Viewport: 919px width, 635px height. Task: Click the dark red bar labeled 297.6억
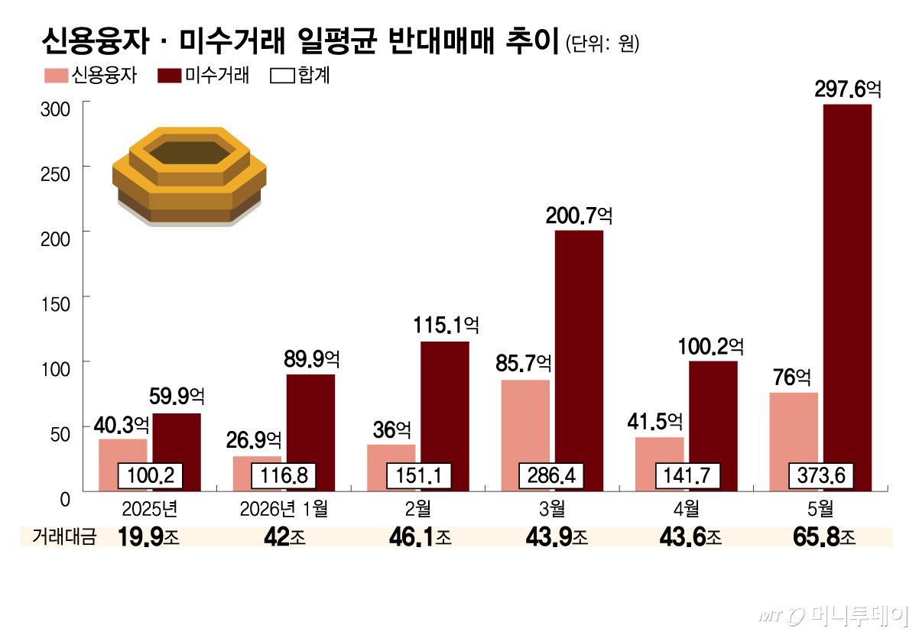pyautogui.click(x=847, y=297)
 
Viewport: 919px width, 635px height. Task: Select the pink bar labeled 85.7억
pyautogui.click(x=525, y=436)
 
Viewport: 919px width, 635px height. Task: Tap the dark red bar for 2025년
pyautogui.click(x=177, y=452)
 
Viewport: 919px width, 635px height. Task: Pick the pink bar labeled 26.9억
pyautogui.click(x=257, y=474)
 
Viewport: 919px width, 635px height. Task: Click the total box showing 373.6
pyautogui.click(x=821, y=475)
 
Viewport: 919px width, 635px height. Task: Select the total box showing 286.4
pyautogui.click(x=551, y=475)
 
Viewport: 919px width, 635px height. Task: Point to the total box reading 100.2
pyautogui.click(x=150, y=475)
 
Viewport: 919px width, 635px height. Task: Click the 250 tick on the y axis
pyautogui.click(x=86, y=166)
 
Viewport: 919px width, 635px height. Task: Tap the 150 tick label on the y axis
pyautogui.click(x=55, y=305)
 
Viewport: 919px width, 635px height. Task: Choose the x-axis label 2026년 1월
pyautogui.click(x=284, y=509)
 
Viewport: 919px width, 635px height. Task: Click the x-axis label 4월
pyautogui.click(x=687, y=509)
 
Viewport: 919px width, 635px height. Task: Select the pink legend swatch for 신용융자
pyautogui.click(x=56, y=76)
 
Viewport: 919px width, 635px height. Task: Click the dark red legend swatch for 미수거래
pyautogui.click(x=170, y=76)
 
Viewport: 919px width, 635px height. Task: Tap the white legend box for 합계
pyautogui.click(x=282, y=76)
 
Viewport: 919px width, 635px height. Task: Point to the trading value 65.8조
pyautogui.click(x=824, y=536)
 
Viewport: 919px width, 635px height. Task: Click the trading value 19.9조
pyautogui.click(x=148, y=536)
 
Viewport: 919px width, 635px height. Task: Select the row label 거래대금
pyautogui.click(x=64, y=536)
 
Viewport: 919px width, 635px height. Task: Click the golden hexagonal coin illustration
pyautogui.click(x=190, y=177)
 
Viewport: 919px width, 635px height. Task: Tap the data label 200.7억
pyautogui.click(x=579, y=215)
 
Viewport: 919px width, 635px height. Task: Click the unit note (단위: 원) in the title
pyautogui.click(x=602, y=44)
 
